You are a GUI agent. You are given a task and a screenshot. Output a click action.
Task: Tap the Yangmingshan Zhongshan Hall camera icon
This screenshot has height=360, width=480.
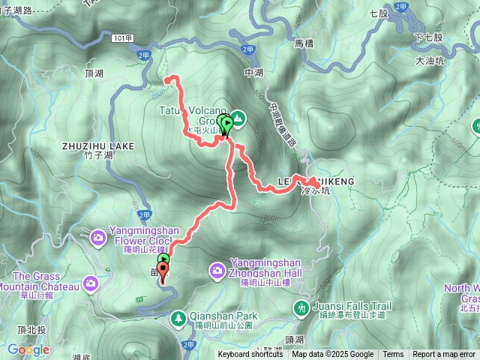217,269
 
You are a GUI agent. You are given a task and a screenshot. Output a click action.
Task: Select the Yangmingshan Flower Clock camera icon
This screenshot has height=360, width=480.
98,238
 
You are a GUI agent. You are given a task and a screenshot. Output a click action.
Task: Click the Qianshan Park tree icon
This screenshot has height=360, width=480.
178,320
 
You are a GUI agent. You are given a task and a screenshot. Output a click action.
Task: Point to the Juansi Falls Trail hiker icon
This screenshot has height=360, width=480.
301,307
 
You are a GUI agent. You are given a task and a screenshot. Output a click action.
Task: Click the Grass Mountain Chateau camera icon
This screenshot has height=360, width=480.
91,283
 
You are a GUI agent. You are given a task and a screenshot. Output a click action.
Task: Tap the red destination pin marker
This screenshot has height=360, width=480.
163,270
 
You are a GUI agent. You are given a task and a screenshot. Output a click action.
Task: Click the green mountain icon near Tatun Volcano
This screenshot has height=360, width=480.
238,118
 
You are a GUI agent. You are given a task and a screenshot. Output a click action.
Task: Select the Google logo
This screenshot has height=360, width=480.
28,349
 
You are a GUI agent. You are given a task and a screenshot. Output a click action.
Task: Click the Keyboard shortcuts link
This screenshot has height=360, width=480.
250,355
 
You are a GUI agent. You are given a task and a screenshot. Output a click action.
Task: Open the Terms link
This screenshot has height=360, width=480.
393,355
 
